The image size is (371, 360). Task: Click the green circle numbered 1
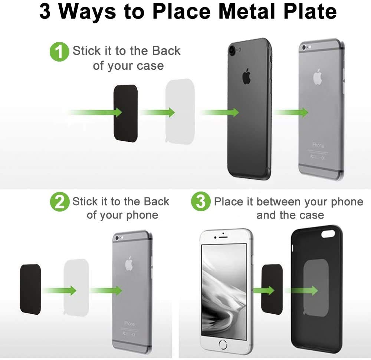(59, 52)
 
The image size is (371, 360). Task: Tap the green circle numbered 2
(59, 202)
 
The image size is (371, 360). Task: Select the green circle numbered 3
(201, 202)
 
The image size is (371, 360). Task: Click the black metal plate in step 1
(125, 113)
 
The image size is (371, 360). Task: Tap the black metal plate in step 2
(30, 289)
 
